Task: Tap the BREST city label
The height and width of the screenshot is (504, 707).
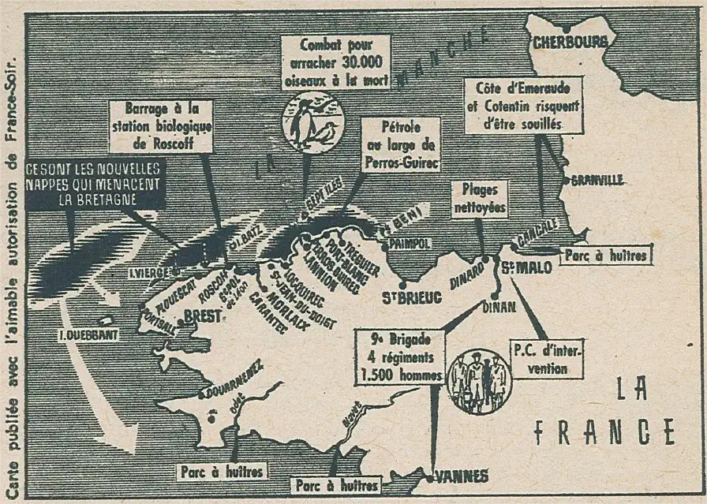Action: (200, 315)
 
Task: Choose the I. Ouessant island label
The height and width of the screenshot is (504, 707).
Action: (88, 334)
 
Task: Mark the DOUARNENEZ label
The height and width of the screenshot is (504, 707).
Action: (234, 379)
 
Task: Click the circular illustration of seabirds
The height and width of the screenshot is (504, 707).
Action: (313, 122)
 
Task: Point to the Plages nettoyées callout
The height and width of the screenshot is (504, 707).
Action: (479, 200)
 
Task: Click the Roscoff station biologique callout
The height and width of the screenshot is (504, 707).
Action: (161, 125)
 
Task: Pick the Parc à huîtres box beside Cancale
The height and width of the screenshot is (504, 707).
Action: (606, 255)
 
